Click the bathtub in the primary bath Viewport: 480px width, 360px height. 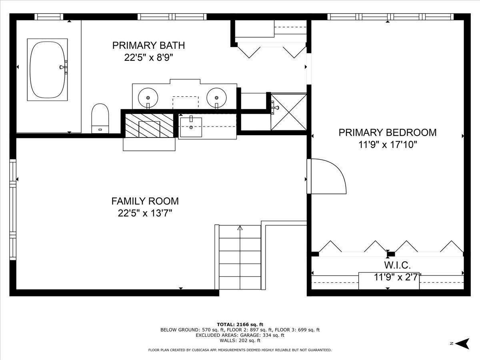[47, 70]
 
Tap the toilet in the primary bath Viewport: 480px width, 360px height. [100, 118]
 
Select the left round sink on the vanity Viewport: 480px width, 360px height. [148, 98]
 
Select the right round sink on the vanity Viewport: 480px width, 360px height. [216, 98]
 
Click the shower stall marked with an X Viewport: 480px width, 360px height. [289, 112]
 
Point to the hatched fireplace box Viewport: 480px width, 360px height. [149, 126]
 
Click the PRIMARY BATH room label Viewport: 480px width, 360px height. [149, 46]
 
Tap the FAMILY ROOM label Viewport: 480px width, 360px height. [145, 201]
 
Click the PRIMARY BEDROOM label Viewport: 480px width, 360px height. [388, 133]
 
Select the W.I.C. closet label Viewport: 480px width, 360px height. [397, 266]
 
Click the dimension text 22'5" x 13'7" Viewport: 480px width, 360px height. [145, 213]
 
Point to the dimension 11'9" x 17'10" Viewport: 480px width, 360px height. [388, 145]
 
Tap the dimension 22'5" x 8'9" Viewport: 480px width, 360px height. [149, 58]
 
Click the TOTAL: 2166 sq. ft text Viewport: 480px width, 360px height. [240, 324]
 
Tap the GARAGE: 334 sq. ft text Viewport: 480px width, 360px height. [262, 335]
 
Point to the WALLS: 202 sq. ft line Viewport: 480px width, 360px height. [240, 340]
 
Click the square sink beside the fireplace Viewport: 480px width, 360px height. [191, 127]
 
